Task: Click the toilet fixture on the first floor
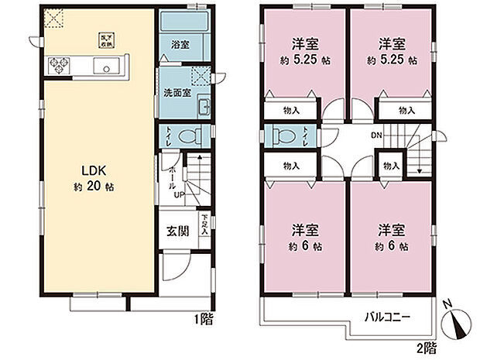click(x=188, y=136)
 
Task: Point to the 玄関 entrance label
click(x=177, y=231)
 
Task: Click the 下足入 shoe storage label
click(x=204, y=225)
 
